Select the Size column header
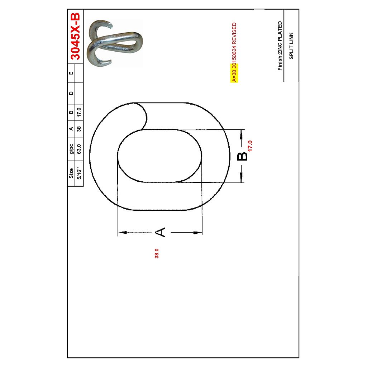click(71, 173)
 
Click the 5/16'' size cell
click(79, 173)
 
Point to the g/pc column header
click(71, 148)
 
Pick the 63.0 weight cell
click(79, 148)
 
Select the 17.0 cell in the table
click(79, 112)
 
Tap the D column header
click(71, 93)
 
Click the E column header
click(71, 73)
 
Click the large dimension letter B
click(242, 156)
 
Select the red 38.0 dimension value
click(157, 253)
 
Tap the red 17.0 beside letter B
click(250, 146)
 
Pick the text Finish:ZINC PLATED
click(280, 46)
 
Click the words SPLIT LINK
click(291, 46)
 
